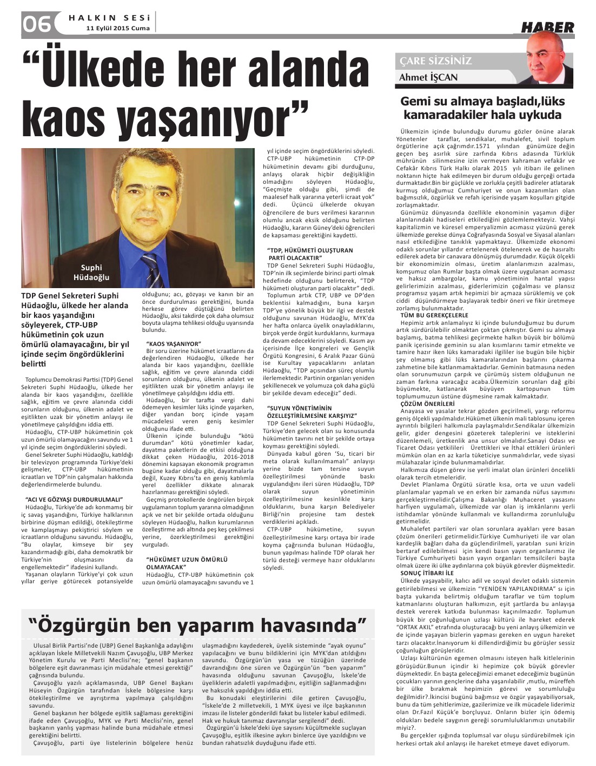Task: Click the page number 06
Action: [x=37, y=24]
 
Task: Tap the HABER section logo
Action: [x=547, y=27]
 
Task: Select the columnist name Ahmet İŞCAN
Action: [x=428, y=77]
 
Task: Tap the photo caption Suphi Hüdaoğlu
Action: [x=91, y=272]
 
